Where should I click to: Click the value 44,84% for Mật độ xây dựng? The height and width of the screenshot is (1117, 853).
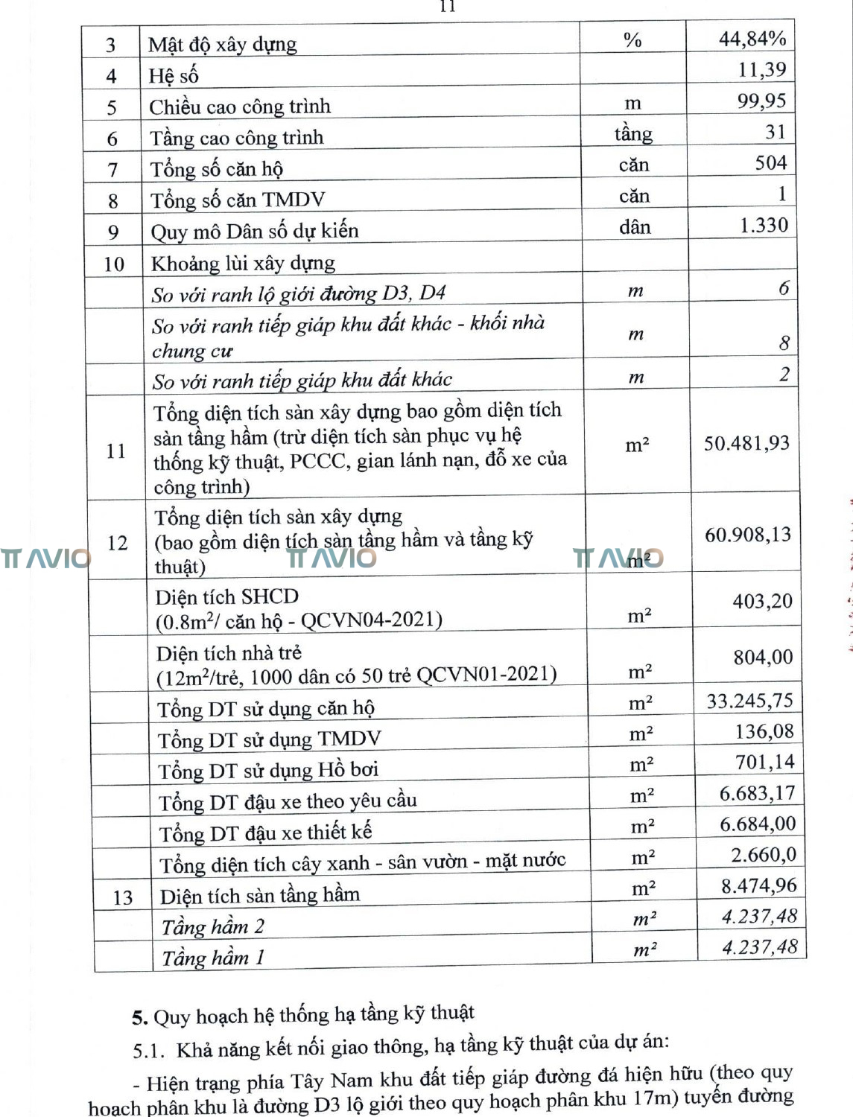click(x=752, y=39)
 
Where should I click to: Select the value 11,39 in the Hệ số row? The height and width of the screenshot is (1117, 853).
click(x=762, y=70)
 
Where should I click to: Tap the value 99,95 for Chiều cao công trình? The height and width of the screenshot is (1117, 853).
click(x=761, y=101)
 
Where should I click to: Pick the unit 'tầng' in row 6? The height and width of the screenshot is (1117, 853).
click(x=633, y=134)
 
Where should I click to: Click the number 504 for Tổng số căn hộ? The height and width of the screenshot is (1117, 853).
click(x=770, y=163)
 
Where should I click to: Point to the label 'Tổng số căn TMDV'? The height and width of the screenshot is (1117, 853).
click(x=238, y=200)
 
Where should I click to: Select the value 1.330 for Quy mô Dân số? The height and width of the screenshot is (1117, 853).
click(x=764, y=226)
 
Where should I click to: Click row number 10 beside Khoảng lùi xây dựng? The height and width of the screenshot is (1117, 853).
click(x=113, y=264)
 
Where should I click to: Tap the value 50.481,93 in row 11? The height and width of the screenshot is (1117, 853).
click(x=746, y=444)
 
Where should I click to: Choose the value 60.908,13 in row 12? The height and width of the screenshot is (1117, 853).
click(x=748, y=535)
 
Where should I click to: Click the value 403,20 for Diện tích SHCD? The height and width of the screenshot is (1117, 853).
click(x=762, y=601)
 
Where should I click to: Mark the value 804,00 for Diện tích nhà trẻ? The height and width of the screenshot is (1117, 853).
click(x=763, y=658)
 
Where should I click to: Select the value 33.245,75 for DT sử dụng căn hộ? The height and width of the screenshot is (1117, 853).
click(x=749, y=701)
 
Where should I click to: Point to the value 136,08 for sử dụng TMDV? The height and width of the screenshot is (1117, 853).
click(x=764, y=732)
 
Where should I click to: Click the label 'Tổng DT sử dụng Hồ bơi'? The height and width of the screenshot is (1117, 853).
click(x=268, y=771)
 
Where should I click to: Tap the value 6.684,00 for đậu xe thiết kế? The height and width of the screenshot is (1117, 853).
click(x=758, y=824)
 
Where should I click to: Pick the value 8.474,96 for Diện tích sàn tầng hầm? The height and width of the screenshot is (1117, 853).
click(x=758, y=886)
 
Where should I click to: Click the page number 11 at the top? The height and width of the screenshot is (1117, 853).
click(x=447, y=7)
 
